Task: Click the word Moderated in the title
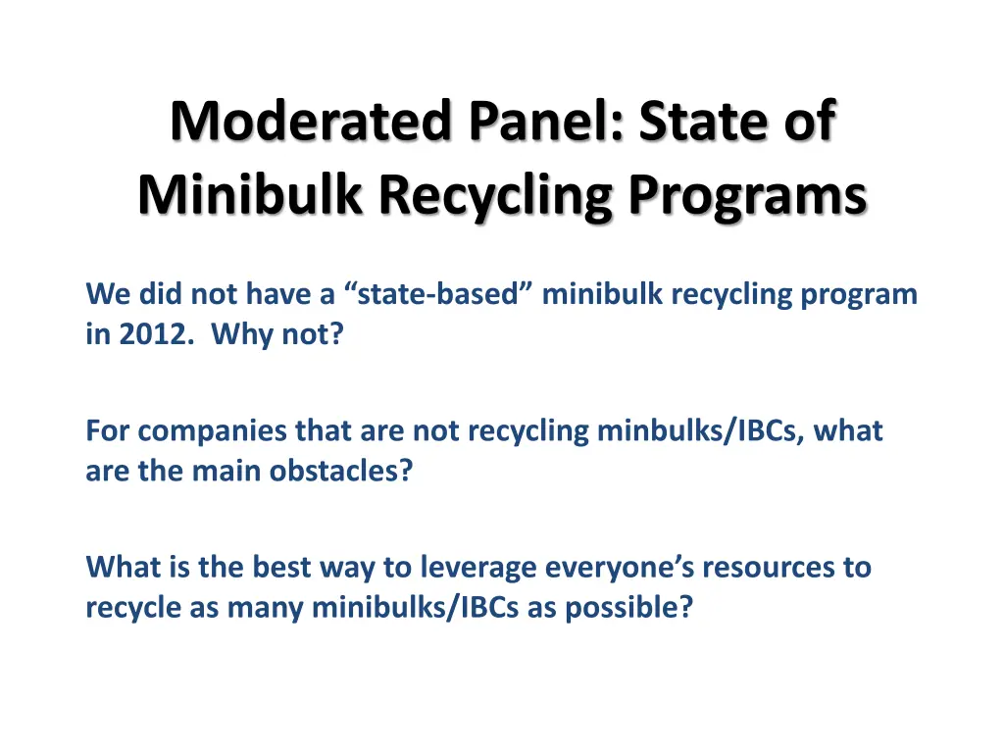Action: point(311,121)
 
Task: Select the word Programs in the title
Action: point(747,195)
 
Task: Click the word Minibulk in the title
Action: point(250,194)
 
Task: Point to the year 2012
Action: point(156,333)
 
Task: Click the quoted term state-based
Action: point(438,294)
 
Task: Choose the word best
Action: point(281,568)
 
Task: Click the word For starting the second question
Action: point(108,431)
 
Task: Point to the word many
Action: point(265,608)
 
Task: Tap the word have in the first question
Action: point(278,294)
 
